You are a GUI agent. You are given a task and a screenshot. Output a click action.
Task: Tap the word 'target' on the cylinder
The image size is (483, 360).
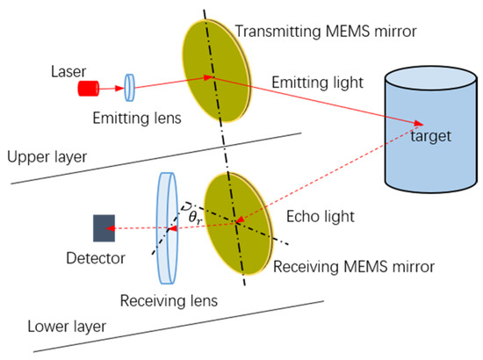click(x=433, y=139)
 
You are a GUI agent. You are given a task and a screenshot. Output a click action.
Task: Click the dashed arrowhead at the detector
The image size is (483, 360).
click(x=123, y=228)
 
